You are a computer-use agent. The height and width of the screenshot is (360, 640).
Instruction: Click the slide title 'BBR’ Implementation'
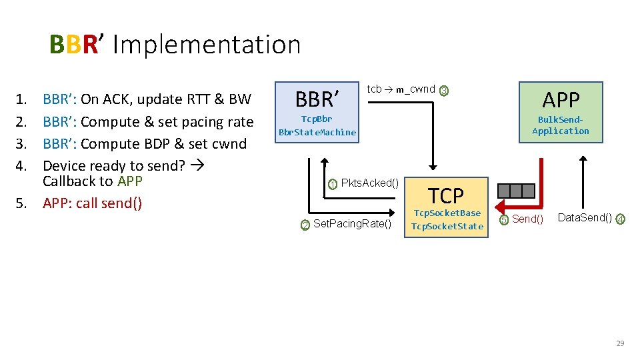175,45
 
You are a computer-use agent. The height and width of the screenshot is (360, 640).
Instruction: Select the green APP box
561,112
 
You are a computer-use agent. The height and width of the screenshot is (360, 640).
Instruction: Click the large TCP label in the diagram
445,195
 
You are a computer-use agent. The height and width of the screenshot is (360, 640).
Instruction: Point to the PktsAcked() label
369,183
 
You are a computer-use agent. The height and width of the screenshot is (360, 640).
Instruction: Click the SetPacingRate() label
352,223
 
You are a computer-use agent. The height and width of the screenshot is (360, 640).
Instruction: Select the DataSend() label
585,217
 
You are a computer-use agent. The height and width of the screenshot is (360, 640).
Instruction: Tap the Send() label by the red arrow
527,219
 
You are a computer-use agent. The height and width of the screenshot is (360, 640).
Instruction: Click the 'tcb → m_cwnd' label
401,89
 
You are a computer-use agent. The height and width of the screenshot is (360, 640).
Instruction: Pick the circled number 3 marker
444,91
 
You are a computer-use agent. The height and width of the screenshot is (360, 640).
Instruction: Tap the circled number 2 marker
305,225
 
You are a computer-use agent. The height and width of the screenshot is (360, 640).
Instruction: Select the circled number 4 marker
620,219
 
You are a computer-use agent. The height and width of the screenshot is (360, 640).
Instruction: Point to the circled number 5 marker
505,219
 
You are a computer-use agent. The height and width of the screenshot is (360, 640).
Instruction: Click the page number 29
620,343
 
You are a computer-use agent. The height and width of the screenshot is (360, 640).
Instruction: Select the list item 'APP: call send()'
92,203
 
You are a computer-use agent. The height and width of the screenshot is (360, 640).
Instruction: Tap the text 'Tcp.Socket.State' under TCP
447,226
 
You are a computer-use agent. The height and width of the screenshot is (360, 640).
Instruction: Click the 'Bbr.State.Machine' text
317,132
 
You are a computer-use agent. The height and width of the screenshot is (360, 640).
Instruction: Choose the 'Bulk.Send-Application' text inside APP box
561,125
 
